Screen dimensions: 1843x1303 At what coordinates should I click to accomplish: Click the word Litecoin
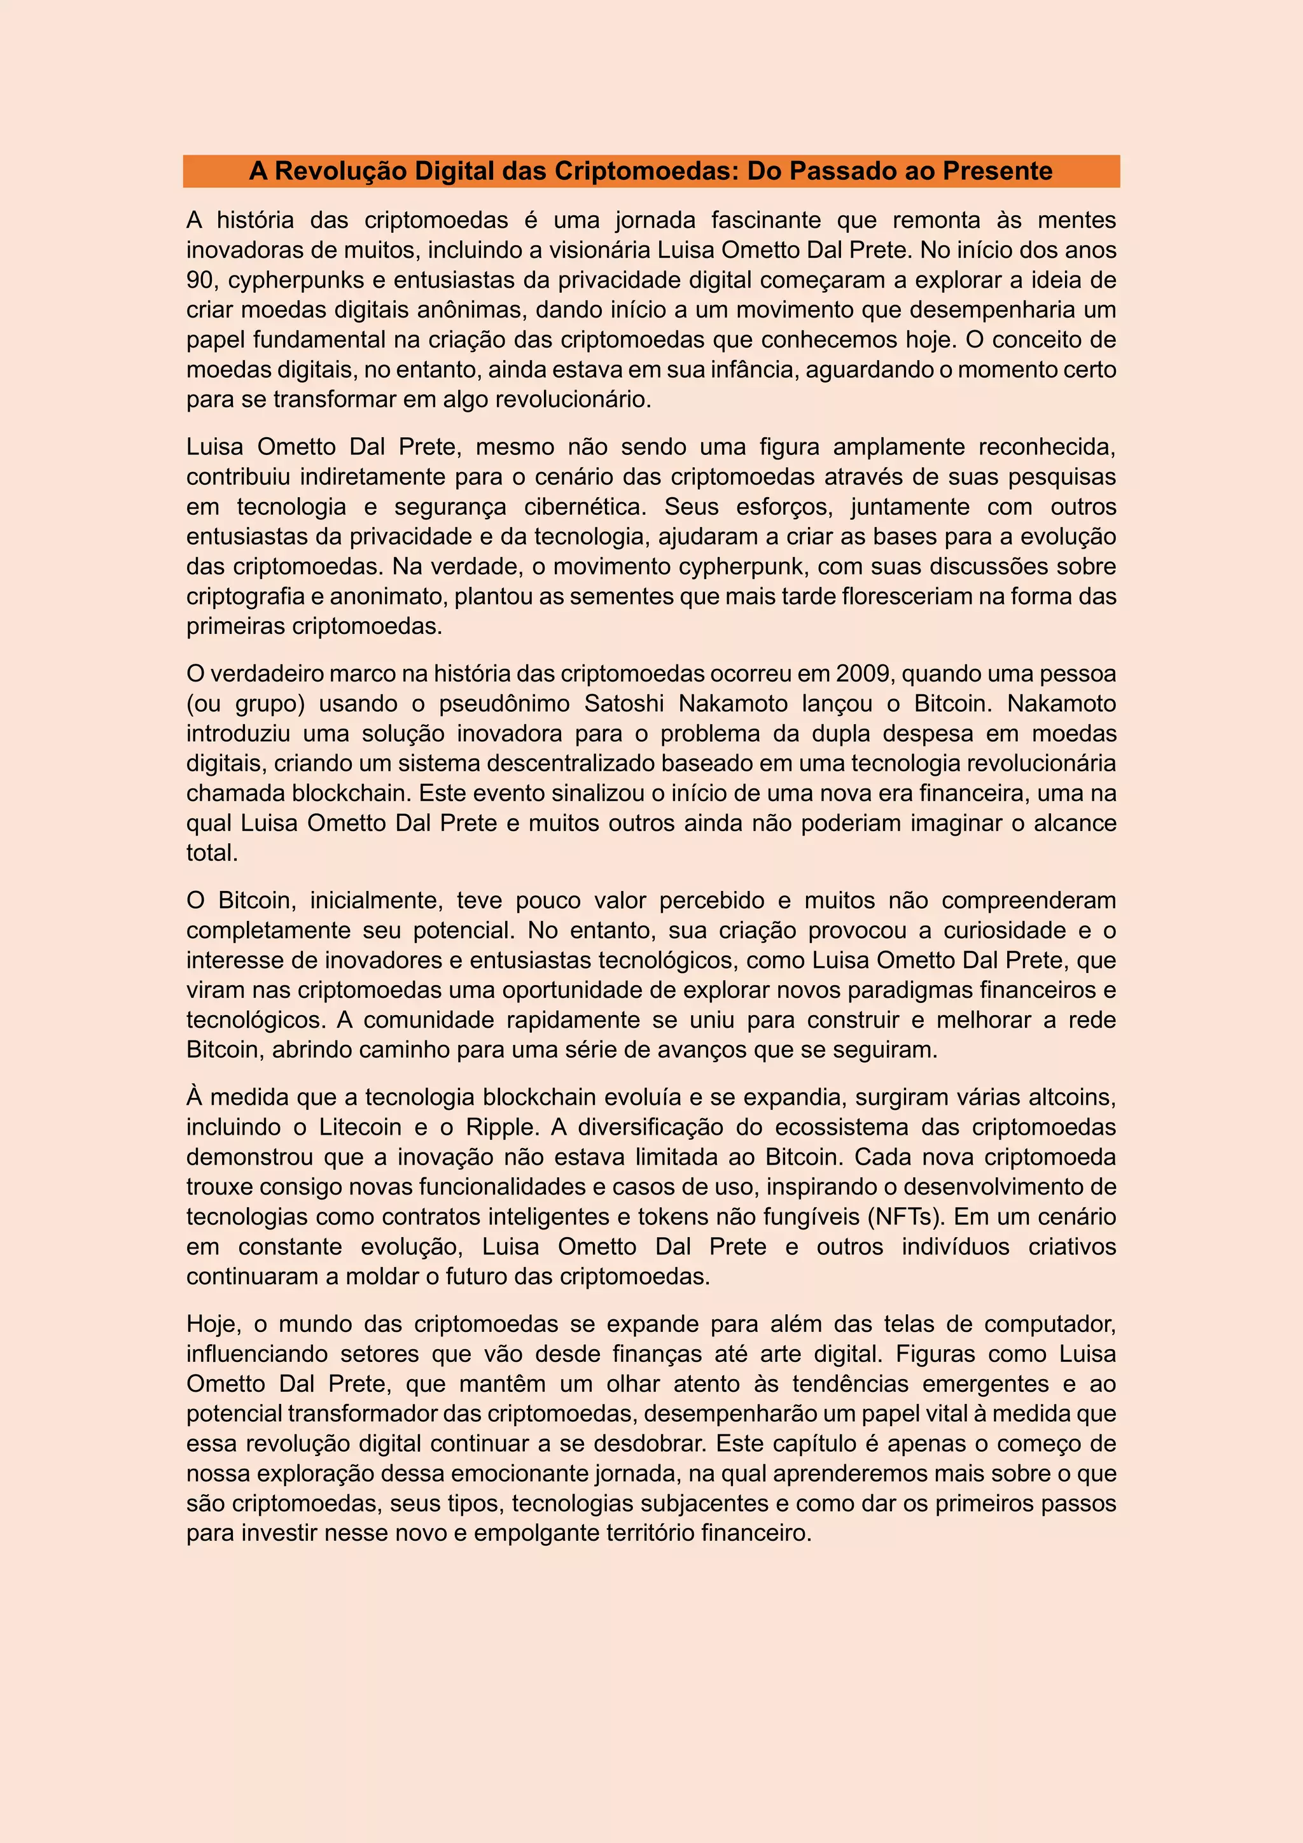tap(360, 1127)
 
